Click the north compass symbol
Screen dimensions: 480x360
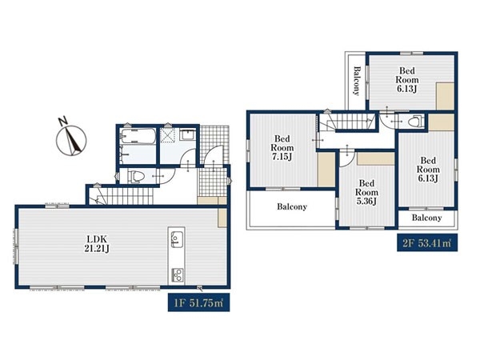[71, 138]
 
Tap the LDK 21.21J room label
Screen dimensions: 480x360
[97, 244]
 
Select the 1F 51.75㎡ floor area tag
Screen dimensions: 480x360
[198, 302]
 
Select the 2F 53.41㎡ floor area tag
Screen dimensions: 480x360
[427, 242]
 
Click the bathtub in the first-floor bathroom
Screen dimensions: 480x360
[138, 136]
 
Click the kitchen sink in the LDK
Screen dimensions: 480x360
[177, 238]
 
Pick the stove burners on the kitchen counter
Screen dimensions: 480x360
[178, 275]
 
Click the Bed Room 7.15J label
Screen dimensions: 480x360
[282, 148]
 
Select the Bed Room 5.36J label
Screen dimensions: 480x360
[366, 192]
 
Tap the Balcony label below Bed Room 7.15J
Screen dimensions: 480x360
[292, 206]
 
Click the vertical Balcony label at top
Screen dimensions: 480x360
[356, 81]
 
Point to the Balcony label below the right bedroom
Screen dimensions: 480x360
[426, 218]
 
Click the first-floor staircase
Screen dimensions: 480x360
[124, 196]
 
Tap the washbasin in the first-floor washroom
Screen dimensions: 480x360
[187, 134]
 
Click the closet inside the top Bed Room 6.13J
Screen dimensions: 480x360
[445, 96]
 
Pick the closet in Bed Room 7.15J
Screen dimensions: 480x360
[326, 170]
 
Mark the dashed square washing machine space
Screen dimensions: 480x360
[168, 135]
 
